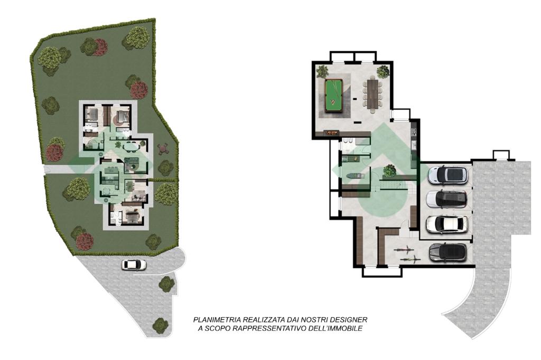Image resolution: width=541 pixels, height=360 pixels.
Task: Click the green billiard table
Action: [x=334, y=96]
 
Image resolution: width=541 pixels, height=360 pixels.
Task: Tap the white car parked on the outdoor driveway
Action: [x=134, y=265]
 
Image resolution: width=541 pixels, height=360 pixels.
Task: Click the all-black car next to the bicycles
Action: [x=448, y=252]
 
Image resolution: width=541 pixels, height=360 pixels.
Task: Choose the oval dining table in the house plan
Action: [x=130, y=147]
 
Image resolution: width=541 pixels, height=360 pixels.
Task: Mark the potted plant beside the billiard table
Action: [x=322, y=71]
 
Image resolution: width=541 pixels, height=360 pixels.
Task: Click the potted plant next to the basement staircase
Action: [x=389, y=170]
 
